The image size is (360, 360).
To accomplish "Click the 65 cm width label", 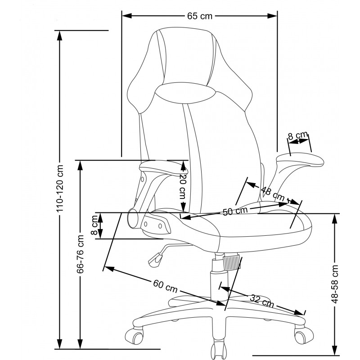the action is [200, 16].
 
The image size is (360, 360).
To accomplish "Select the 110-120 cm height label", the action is [60, 188].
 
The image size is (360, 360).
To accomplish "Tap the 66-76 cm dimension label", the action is [80, 254].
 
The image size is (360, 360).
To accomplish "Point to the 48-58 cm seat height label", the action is [335, 284].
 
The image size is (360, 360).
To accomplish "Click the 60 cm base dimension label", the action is [165, 286].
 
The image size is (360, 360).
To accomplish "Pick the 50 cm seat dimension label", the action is [235, 211].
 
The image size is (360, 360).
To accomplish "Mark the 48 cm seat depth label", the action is [273, 194].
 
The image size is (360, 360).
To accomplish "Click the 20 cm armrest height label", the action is [183, 186].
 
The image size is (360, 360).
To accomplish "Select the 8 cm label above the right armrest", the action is [297, 136].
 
